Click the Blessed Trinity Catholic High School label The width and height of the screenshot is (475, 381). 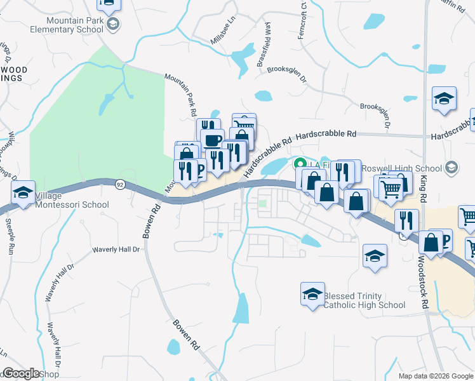pos(364,300)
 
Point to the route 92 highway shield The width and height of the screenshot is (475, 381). pos(119,184)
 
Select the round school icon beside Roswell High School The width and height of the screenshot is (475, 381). pos(452,168)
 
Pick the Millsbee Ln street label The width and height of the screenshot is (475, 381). pos(223,35)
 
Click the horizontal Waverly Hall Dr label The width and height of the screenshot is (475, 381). pos(116,250)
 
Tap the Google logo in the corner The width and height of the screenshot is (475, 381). pos(21,373)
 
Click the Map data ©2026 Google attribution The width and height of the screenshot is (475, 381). pos(435,376)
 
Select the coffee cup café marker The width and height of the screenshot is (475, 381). pos(212,139)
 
